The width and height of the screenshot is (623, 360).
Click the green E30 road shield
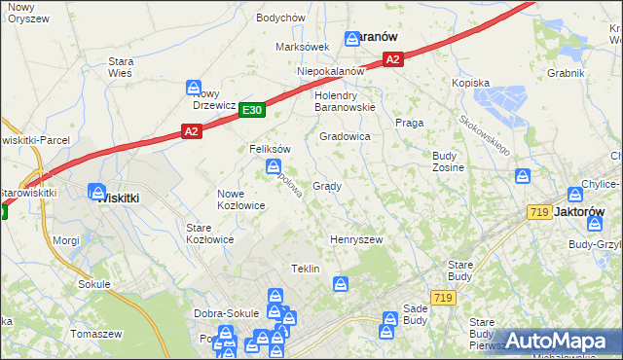252,111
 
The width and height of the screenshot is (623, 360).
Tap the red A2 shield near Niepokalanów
392,60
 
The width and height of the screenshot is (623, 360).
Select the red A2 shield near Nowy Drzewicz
191,130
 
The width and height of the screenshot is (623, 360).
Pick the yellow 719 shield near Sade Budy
444,298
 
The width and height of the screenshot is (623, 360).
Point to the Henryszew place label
356,239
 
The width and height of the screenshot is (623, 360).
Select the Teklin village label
306,269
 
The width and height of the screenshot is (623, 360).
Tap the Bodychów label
280,18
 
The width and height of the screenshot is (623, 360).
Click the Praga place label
407,123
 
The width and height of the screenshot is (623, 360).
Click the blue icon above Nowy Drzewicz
194,87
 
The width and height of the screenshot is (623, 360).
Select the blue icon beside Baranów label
352,39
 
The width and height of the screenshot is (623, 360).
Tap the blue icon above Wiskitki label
97,191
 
